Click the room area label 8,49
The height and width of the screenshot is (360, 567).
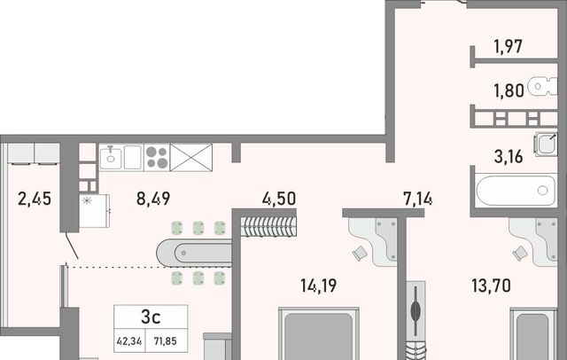click(x=153, y=199)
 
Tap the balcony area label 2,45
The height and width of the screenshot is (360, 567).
click(x=35, y=199)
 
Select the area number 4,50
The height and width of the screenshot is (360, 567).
click(x=279, y=199)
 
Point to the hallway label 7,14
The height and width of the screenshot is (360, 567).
click(x=417, y=199)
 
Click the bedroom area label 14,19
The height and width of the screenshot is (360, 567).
click(x=319, y=286)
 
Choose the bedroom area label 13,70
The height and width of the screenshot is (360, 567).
click(x=492, y=286)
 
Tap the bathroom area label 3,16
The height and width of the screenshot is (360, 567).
click(x=509, y=157)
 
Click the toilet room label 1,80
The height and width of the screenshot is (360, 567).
click(x=509, y=90)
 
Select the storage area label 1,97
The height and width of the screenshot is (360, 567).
click(x=509, y=47)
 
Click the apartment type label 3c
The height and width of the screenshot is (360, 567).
click(x=151, y=317)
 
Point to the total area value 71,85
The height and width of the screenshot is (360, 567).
click(x=166, y=340)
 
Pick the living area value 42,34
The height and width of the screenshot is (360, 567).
click(x=129, y=340)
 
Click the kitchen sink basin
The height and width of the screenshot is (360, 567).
click(x=111, y=157)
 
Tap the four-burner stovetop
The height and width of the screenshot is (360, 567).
click(x=157, y=157)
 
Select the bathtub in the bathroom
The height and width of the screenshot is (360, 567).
click(x=516, y=190)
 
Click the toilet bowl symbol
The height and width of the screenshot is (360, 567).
click(x=542, y=87)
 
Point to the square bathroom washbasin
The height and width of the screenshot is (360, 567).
click(x=546, y=144)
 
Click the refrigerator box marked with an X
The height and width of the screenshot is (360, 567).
click(x=191, y=157)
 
